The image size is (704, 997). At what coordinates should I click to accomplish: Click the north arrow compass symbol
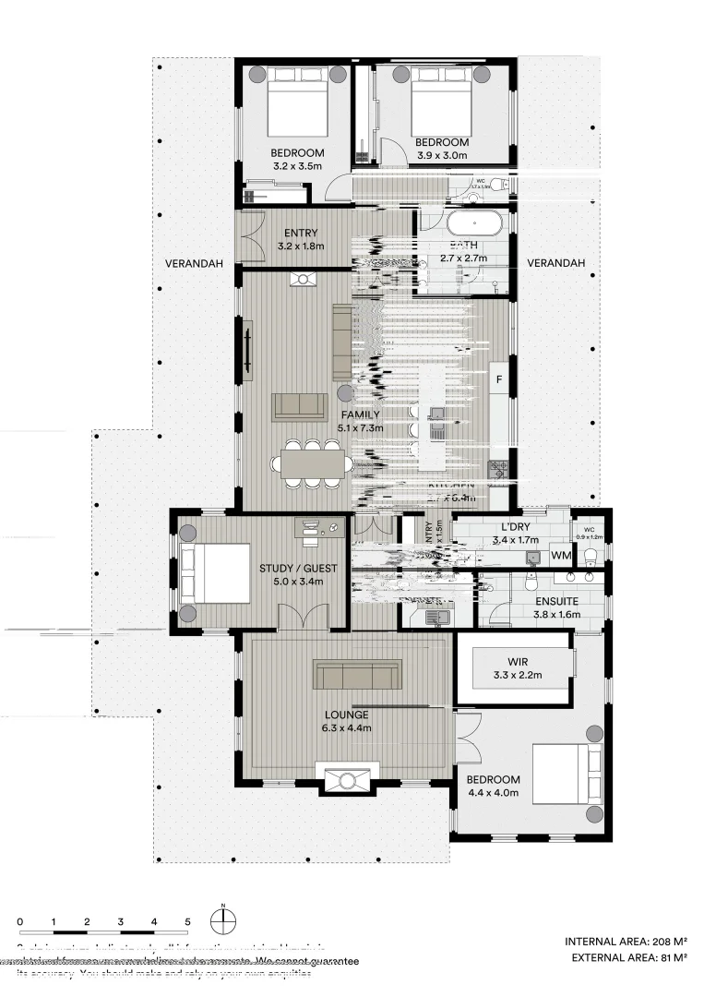click(223, 920)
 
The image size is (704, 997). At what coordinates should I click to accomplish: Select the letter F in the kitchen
click(499, 379)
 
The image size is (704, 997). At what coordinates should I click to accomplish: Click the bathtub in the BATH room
click(473, 223)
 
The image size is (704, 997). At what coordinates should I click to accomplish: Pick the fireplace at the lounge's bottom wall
click(346, 777)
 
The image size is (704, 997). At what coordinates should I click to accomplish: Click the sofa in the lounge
click(357, 675)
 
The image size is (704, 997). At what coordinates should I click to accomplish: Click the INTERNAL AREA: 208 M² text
click(626, 942)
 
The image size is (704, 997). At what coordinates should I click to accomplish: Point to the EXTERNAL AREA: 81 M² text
click(628, 958)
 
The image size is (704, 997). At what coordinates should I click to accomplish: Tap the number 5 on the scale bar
click(187, 921)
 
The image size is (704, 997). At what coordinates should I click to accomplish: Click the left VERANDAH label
click(195, 263)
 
